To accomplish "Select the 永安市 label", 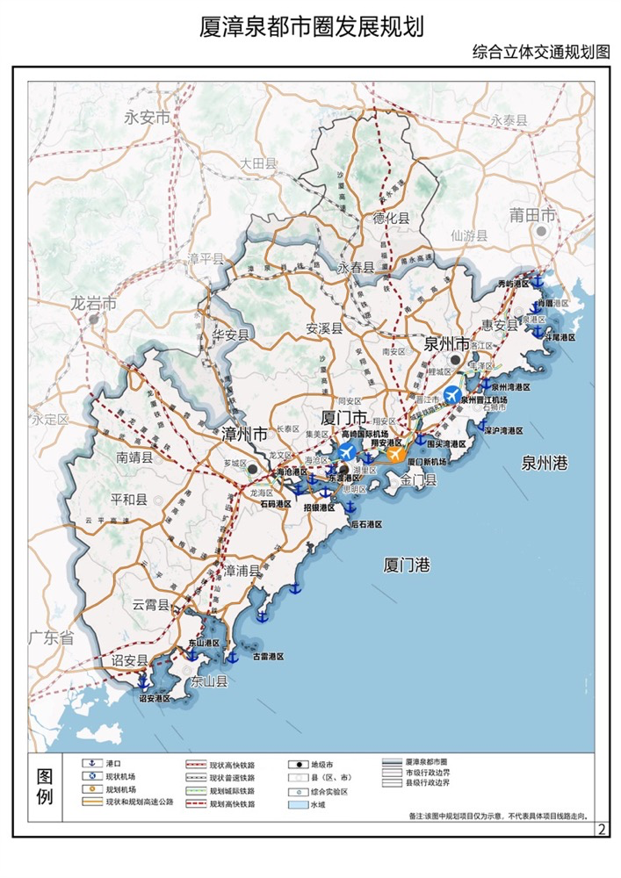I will click(146, 118).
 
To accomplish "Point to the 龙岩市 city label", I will click(94, 304).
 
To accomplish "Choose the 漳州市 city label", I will click(243, 435).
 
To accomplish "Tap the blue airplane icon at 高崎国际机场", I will click(347, 452).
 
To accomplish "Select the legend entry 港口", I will click(114, 765).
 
